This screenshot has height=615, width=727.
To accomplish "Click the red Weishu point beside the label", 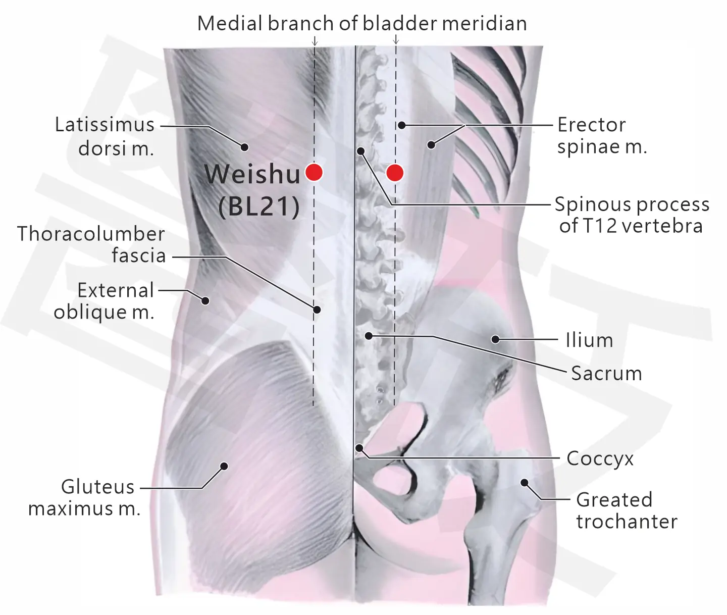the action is click(x=314, y=172).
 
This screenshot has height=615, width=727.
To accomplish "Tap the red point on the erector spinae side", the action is click(x=395, y=173).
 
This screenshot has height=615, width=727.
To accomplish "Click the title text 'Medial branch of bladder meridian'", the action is click(x=362, y=24).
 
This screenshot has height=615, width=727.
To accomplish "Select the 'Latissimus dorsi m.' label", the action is click(x=105, y=136).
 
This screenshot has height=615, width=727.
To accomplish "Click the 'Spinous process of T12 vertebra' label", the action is click(x=632, y=215).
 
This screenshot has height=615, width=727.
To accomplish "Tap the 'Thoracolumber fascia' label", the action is click(x=91, y=244).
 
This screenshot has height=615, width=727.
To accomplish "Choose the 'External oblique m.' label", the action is click(x=104, y=301).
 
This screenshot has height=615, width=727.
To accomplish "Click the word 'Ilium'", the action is click(x=589, y=340).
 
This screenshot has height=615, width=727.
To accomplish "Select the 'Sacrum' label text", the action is click(x=606, y=373).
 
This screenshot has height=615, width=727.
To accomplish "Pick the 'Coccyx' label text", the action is click(x=600, y=459).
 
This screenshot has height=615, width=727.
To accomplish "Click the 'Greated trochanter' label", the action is click(x=627, y=510).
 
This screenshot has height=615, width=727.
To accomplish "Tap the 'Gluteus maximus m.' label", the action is click(x=84, y=498).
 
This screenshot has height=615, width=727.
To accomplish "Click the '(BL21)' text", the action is click(x=259, y=207).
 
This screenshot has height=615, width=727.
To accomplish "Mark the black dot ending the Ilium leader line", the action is click(x=495, y=339).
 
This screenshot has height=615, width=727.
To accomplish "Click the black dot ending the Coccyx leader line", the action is click(x=359, y=448).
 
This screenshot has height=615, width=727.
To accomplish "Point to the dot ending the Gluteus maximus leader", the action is click(x=224, y=466).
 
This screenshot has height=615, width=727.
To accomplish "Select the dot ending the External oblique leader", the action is click(x=205, y=300).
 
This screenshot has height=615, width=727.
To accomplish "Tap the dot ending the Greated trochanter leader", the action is click(x=525, y=482).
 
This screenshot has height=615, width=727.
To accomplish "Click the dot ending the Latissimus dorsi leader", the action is click(x=244, y=147).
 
